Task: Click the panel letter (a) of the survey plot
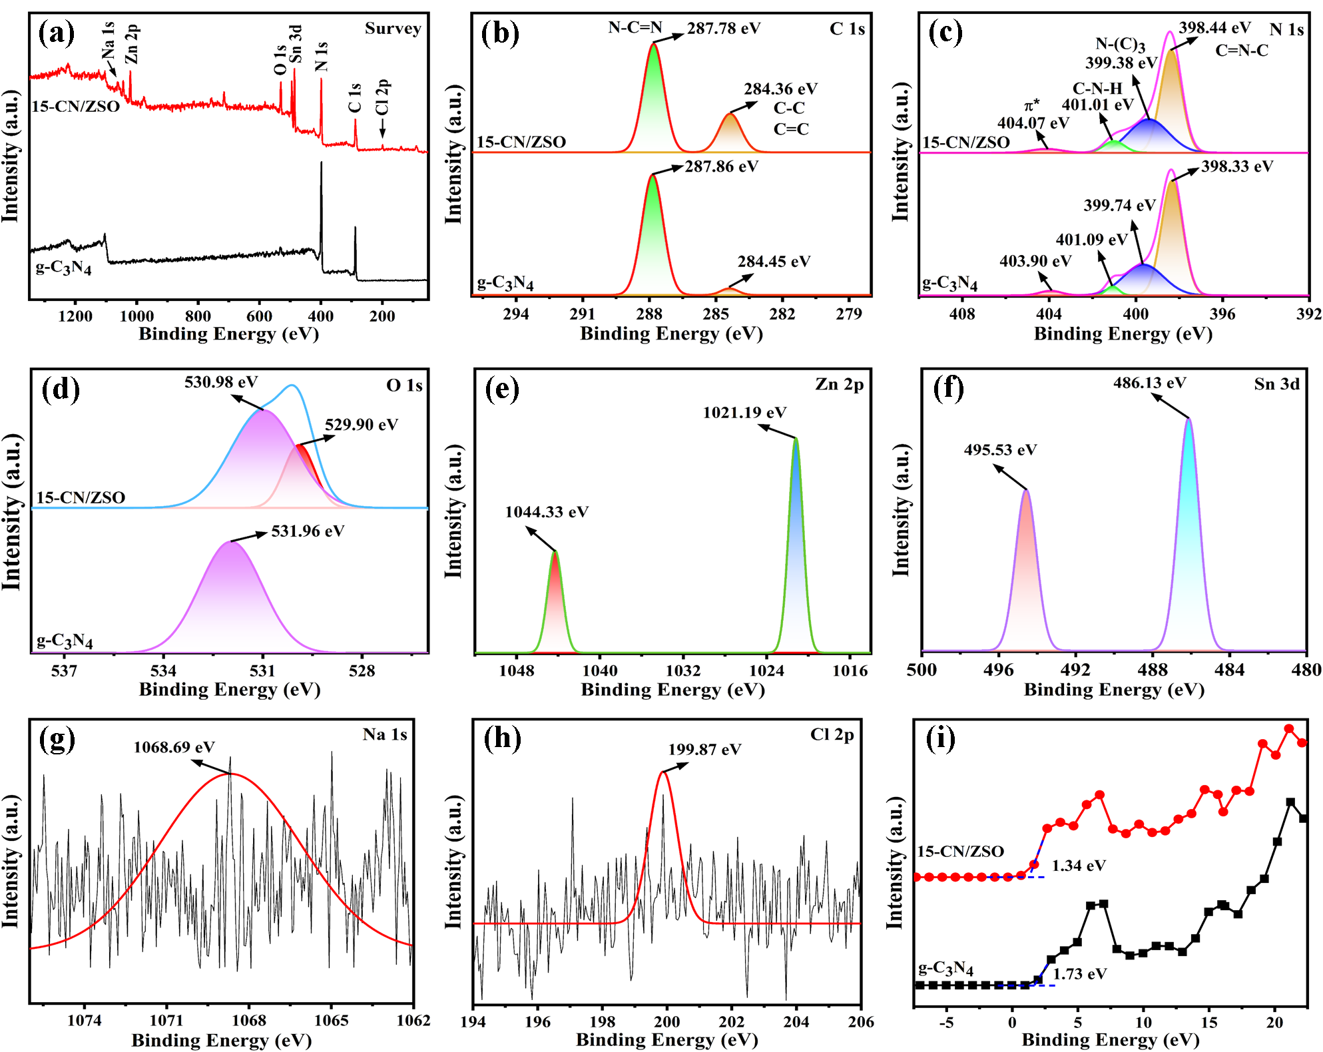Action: [57, 33]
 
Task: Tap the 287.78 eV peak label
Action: [724, 29]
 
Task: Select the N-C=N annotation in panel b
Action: [635, 28]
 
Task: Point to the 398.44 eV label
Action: [1214, 28]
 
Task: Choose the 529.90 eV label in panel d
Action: [362, 425]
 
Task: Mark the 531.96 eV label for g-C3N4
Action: [308, 531]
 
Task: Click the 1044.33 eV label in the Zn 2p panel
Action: [547, 512]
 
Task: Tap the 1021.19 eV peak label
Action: [744, 413]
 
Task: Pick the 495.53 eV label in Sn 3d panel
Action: [1000, 450]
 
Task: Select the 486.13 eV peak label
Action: [1150, 383]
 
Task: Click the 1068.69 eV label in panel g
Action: [174, 747]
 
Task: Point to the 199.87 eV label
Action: [704, 750]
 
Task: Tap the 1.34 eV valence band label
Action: [1079, 866]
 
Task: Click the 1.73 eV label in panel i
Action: [1079, 974]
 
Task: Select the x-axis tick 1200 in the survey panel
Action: [75, 316]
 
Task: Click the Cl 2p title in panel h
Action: [832, 734]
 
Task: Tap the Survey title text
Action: [393, 29]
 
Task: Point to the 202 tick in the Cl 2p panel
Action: [732, 1021]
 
